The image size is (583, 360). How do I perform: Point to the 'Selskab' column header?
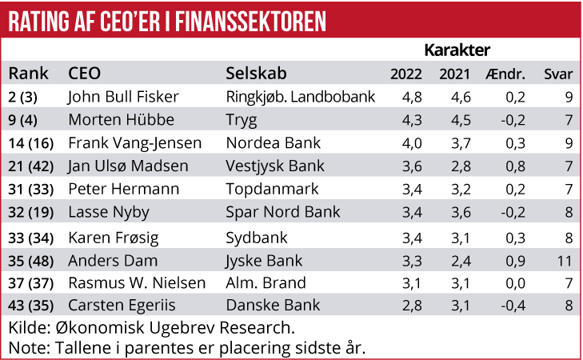(256, 74)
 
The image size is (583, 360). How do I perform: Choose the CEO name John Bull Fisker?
(123, 98)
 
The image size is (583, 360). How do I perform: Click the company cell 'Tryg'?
(243, 121)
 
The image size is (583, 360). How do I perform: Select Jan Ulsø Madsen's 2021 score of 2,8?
(457, 167)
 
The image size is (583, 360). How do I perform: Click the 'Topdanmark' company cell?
(273, 190)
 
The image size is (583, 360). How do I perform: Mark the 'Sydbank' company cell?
(257, 238)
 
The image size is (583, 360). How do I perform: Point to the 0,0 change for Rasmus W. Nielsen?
(506, 283)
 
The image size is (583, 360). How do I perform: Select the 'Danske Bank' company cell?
(273, 306)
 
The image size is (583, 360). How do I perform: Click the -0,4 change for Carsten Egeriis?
(505, 306)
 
